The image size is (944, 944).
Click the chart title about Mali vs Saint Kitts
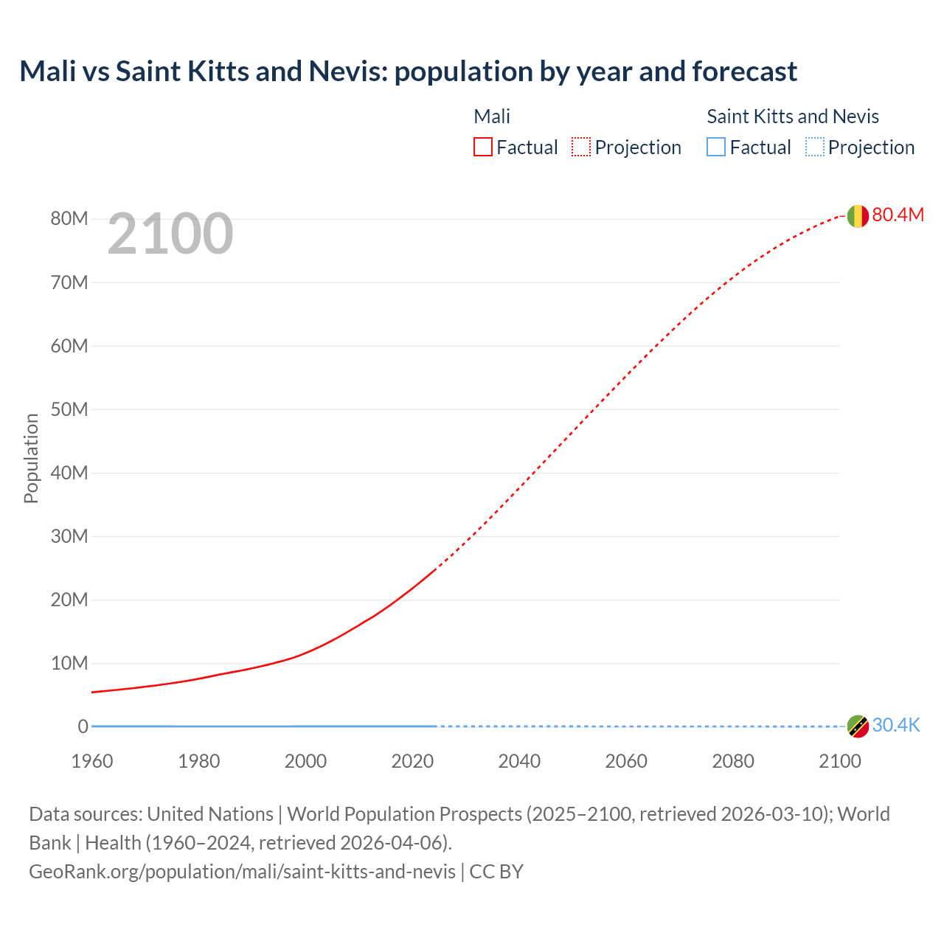coord(408,72)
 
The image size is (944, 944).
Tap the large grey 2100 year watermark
coord(170,234)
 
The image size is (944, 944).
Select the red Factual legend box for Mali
coord(483,147)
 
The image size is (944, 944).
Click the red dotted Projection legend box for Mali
coord(581,147)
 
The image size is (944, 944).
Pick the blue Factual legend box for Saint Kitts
coord(716,147)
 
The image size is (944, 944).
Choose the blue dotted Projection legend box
coord(814,147)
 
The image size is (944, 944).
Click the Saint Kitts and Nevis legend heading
coord(793,117)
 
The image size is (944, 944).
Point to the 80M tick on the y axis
coord(69,218)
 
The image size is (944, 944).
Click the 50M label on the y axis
coord(69,409)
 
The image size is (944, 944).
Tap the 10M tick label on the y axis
coord(69,663)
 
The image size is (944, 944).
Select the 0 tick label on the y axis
coord(83,726)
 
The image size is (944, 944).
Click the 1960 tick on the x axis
coord(92,761)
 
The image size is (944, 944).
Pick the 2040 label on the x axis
coord(519,761)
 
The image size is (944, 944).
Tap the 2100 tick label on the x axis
coord(839,761)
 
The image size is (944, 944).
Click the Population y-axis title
coord(31,458)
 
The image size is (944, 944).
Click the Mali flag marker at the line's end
coord(858,216)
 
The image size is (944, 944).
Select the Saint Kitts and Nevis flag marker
coord(858,726)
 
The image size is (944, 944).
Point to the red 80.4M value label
coord(898,215)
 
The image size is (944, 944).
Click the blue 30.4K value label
coord(896,725)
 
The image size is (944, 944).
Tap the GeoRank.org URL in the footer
coord(242,871)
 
